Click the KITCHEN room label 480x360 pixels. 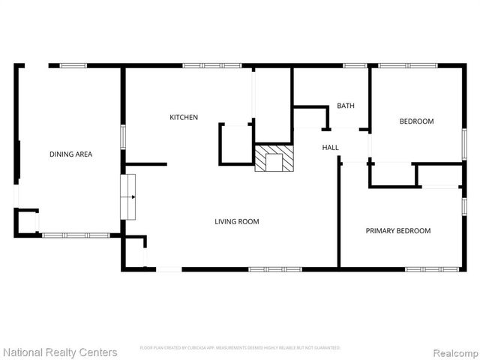[x=184, y=117]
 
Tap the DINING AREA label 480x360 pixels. [x=70, y=154]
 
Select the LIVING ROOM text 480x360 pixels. [x=237, y=221]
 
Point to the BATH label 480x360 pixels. [x=346, y=106]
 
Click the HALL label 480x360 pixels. [x=331, y=148]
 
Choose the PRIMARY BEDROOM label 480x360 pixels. [x=398, y=231]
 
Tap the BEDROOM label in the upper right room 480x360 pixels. [x=416, y=121]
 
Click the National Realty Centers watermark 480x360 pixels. [x=60, y=352]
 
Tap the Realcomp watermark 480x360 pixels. [x=453, y=352]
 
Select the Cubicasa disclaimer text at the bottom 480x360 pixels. [x=240, y=348]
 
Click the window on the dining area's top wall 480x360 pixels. [x=73, y=66]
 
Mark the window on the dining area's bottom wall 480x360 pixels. [x=76, y=235]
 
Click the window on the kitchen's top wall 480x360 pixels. [x=211, y=66]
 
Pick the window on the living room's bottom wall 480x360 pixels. [x=275, y=268]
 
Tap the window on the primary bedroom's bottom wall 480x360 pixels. [x=433, y=268]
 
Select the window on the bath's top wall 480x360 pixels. [x=355, y=66]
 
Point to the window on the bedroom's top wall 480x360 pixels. [x=408, y=66]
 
